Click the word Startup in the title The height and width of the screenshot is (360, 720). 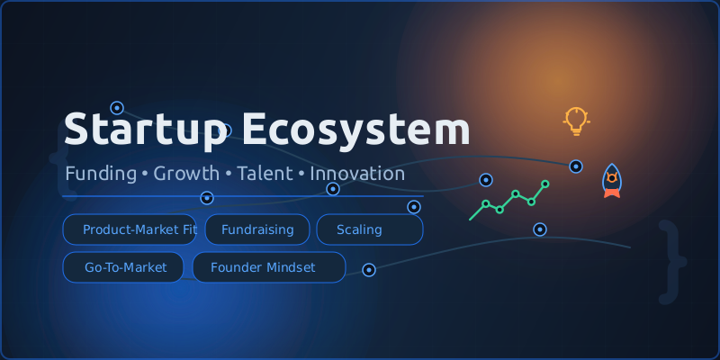(x=145, y=130)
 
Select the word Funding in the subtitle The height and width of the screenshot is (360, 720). (x=100, y=173)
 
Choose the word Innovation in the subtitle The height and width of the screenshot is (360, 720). (x=357, y=173)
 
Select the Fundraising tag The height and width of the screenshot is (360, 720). (x=257, y=229)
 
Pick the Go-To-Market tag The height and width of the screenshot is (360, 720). (x=123, y=267)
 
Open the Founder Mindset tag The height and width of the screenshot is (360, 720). (x=267, y=267)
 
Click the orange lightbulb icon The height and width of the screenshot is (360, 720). (x=576, y=121)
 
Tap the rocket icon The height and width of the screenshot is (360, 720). (x=612, y=180)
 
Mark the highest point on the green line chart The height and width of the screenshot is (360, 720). (x=544, y=184)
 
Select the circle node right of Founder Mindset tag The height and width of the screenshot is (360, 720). (x=368, y=269)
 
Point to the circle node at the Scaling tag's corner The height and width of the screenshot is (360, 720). (x=414, y=207)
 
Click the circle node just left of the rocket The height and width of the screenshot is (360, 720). (x=576, y=166)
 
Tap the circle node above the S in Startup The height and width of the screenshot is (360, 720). (x=116, y=108)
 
